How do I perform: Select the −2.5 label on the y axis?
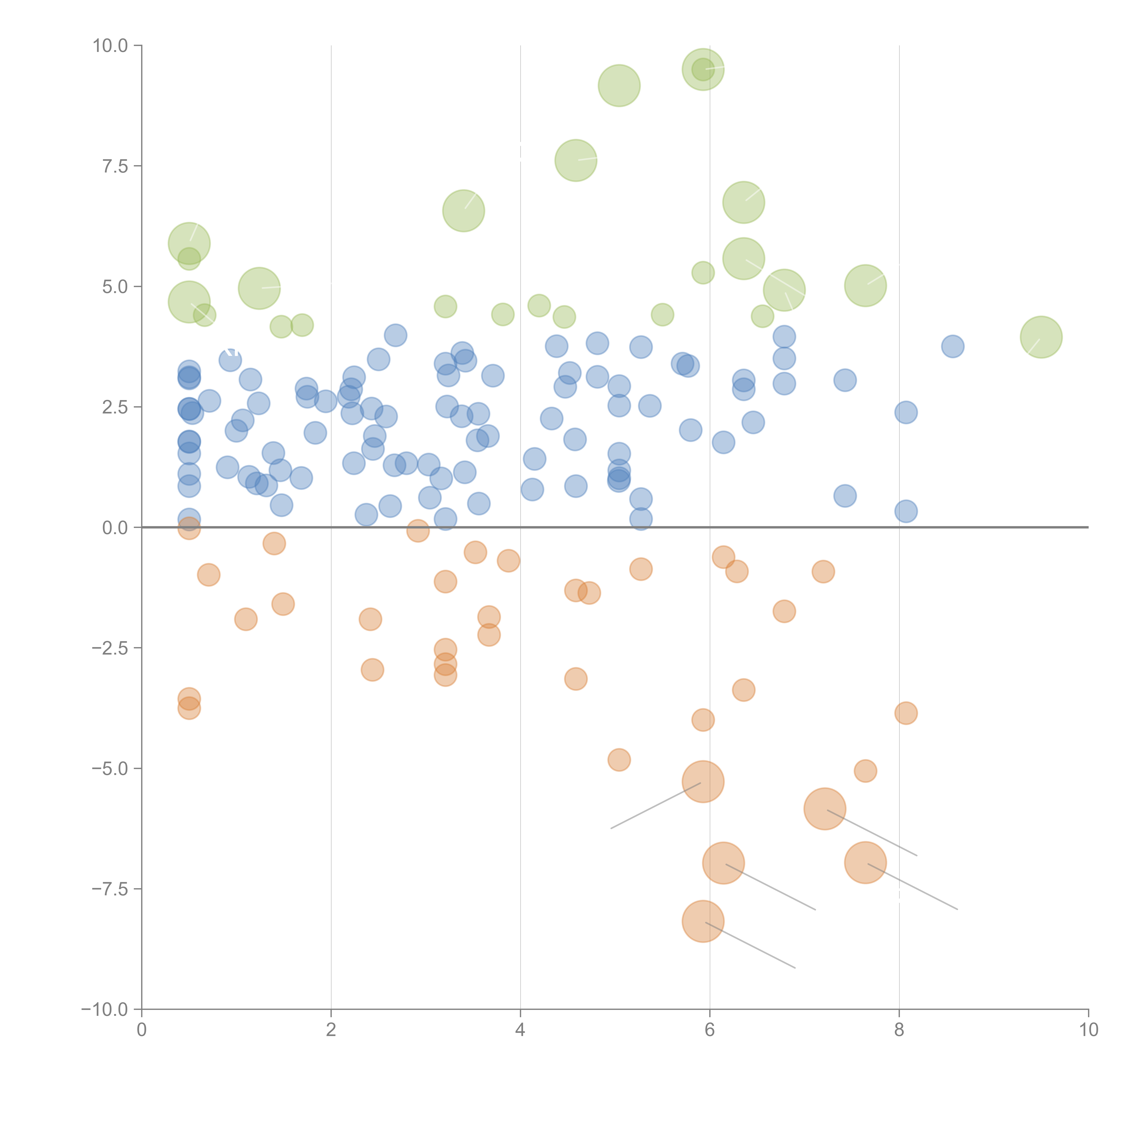(x=110, y=648)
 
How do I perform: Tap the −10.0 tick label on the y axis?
(x=105, y=1009)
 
